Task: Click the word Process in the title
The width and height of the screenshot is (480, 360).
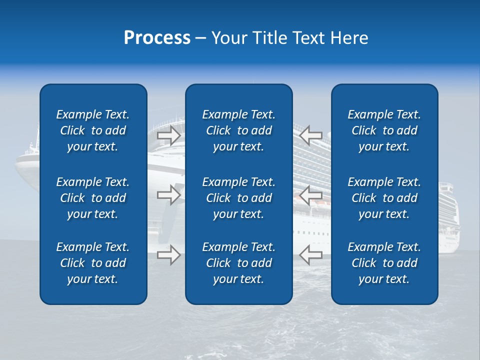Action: coord(157,38)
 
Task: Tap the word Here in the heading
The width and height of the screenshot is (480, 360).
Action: coord(348,38)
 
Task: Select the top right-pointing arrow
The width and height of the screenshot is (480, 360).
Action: coord(169,135)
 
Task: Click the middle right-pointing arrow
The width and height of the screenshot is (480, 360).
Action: coord(169,195)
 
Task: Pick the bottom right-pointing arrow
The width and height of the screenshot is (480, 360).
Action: coord(169,254)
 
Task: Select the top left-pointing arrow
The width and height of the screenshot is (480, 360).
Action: coord(310,135)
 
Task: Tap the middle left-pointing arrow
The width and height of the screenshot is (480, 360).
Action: coord(310,195)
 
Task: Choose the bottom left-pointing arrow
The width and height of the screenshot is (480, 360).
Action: coord(310,254)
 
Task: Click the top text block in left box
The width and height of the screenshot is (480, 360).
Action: coord(93,130)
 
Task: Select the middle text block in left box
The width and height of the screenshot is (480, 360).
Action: coord(93,198)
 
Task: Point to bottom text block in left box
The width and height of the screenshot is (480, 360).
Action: coord(93,263)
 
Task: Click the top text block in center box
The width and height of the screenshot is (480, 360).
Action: coord(239,130)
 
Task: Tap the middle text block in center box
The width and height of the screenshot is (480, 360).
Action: coord(239,198)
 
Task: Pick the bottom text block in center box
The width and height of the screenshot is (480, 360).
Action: coord(239,263)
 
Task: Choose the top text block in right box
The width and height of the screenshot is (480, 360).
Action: coord(384,130)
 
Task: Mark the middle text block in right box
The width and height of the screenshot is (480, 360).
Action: coord(384,198)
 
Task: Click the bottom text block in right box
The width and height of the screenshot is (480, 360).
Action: coord(384,263)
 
